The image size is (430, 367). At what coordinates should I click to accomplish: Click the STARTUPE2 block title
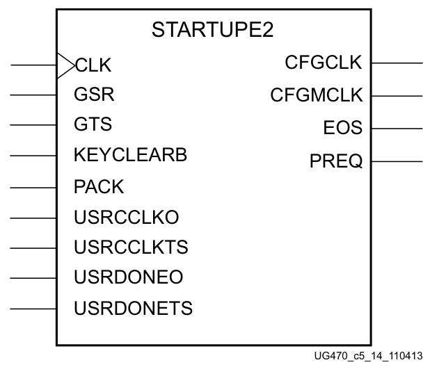212,30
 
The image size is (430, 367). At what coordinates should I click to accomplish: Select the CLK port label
93,65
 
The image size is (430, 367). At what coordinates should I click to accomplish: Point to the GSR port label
93,95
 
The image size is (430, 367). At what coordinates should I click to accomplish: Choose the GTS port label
93,124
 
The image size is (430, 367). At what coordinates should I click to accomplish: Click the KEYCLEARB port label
130,155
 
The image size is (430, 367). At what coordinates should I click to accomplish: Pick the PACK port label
98,186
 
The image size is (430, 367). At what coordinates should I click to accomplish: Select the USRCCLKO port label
126,217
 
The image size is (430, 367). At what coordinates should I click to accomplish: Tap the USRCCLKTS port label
131,247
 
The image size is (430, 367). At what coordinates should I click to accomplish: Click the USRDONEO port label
128,277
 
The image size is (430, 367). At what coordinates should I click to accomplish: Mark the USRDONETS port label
133,307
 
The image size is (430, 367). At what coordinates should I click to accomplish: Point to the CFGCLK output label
323,63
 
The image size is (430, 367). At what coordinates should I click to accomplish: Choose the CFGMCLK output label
316,95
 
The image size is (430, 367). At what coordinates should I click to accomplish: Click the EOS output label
342,128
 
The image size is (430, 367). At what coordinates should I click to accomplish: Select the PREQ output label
336,161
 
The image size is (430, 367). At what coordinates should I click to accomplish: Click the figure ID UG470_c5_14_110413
368,356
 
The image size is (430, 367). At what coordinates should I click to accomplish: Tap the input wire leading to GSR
33,95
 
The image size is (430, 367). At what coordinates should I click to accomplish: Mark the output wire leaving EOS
397,129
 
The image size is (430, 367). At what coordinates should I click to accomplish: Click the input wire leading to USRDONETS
33,308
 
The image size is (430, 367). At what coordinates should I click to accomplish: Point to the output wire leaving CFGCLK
397,63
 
